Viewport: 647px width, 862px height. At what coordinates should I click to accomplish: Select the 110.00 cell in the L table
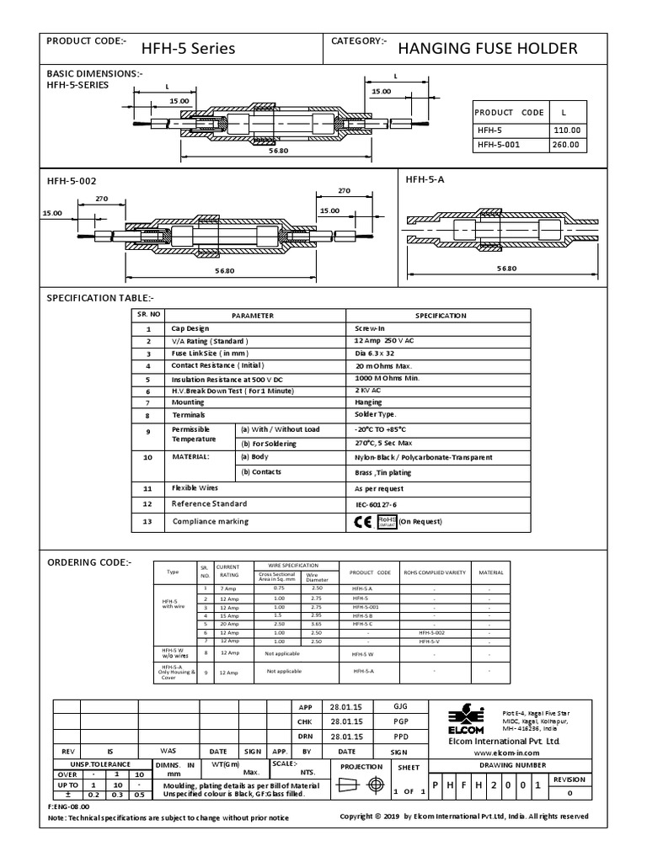(x=565, y=130)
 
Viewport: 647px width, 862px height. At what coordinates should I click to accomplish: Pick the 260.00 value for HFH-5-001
(x=565, y=144)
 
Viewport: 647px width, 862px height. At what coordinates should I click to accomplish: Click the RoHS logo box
(x=387, y=521)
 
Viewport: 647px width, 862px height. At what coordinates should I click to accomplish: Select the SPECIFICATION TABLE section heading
(x=100, y=298)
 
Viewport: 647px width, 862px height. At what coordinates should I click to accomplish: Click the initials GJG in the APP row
(x=399, y=707)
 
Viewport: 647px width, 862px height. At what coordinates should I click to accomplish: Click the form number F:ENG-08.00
(x=69, y=806)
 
